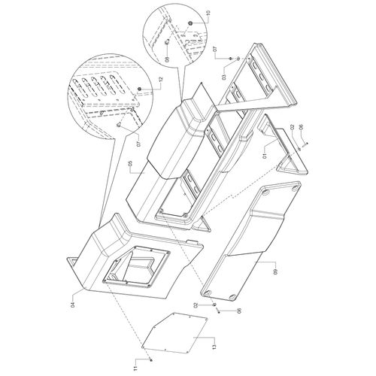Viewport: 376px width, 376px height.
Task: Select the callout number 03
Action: [x=224, y=76]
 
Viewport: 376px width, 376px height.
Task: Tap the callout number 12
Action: [x=161, y=80]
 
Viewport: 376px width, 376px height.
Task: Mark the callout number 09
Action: [x=275, y=271]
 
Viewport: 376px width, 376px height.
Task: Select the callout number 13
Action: [x=214, y=347]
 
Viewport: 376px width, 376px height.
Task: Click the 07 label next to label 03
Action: [x=215, y=49]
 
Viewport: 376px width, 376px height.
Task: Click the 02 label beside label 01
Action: [x=292, y=128]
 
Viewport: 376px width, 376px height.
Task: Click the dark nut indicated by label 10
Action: [x=190, y=23]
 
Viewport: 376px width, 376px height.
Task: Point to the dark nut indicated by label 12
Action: [x=140, y=89]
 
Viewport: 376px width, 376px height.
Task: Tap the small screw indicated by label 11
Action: [x=151, y=360]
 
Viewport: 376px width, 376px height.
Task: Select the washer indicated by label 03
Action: [x=238, y=59]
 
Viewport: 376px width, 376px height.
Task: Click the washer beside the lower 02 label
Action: [x=214, y=305]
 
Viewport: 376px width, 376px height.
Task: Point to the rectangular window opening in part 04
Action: [x=136, y=266]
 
